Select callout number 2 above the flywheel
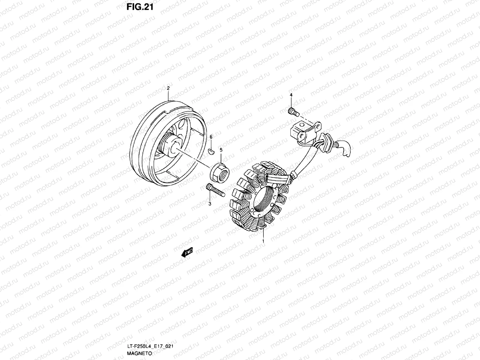168,88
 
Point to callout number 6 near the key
211,137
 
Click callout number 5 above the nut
221,149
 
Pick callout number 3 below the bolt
210,204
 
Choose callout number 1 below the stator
263,241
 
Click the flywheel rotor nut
220,172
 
